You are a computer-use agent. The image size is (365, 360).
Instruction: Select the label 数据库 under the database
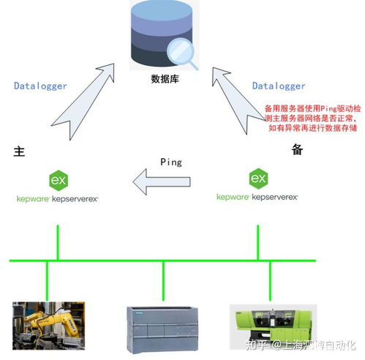(165, 79)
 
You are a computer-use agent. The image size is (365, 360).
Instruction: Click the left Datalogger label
(40, 86)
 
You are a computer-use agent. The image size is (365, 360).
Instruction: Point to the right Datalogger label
(279, 86)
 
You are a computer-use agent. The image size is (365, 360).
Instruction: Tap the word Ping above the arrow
(170, 160)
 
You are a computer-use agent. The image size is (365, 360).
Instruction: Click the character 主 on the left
(20, 151)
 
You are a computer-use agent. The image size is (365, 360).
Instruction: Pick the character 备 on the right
(297, 149)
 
